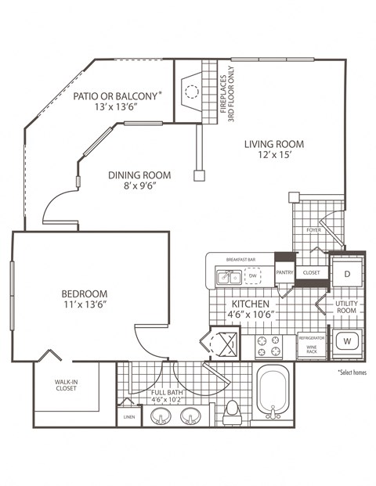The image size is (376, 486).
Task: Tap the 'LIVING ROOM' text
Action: (x=273, y=144)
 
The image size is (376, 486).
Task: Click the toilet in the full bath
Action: (x=231, y=412)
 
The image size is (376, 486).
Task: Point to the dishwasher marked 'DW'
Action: (x=253, y=276)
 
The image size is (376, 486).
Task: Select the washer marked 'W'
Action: (x=346, y=341)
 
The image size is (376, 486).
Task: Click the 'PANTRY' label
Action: (x=284, y=273)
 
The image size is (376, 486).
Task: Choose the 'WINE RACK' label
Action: (x=311, y=349)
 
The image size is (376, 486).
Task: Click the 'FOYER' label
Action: (x=313, y=231)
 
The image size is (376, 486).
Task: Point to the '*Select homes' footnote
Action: (x=352, y=373)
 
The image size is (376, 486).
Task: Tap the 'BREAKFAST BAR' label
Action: (x=240, y=259)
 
